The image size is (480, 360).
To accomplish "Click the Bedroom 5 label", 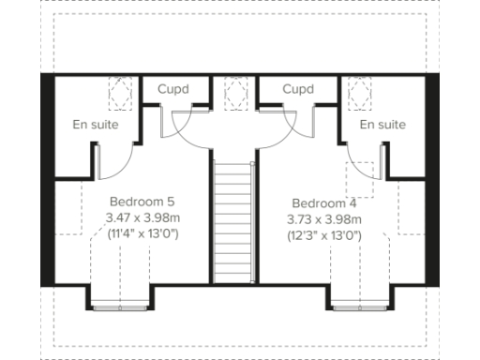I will pyautogui.click(x=142, y=202).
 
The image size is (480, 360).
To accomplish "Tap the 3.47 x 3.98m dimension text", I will pyautogui.click(x=142, y=217).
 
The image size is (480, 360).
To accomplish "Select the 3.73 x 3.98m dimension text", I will pyautogui.click(x=323, y=219).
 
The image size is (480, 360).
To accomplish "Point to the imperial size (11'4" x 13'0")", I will pyautogui.click(x=142, y=232).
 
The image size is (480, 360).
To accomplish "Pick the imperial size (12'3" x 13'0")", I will pyautogui.click(x=323, y=235).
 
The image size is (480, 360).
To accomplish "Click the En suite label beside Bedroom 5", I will pyautogui.click(x=96, y=125).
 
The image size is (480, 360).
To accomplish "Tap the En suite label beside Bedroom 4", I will pyautogui.click(x=382, y=125).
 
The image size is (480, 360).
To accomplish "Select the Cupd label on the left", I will pyautogui.click(x=172, y=90).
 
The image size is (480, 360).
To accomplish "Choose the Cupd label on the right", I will pyautogui.click(x=297, y=90).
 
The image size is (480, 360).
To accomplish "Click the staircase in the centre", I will pyautogui.click(x=233, y=220).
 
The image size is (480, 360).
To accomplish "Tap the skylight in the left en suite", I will pyautogui.click(x=119, y=92).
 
